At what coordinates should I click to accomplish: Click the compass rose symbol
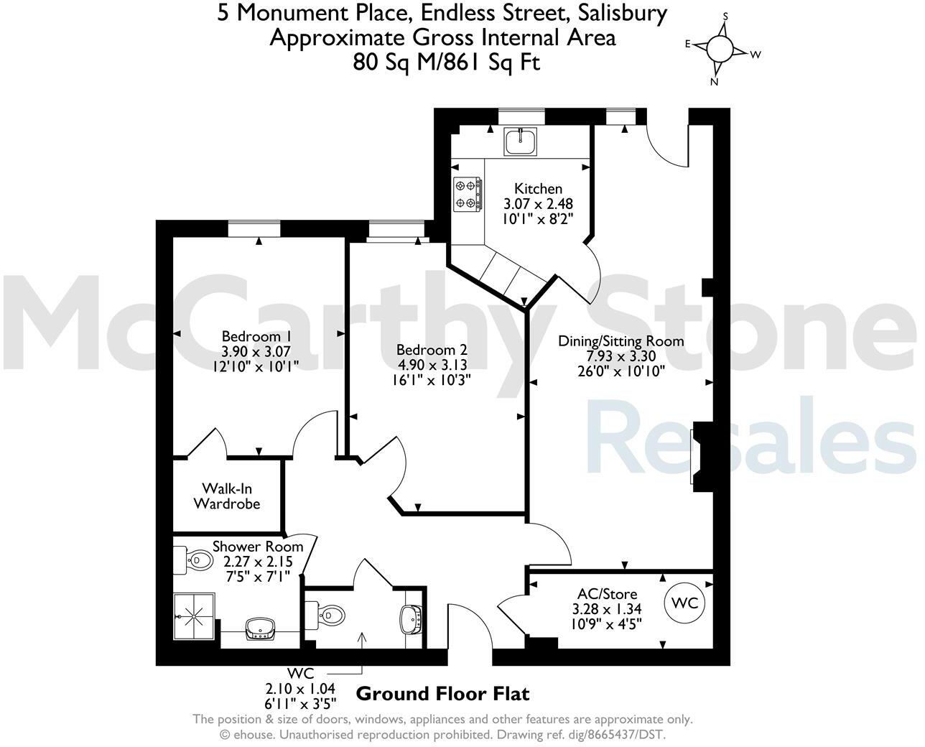pyautogui.click(x=719, y=49)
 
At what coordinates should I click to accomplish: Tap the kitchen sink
pyautogui.click(x=521, y=141)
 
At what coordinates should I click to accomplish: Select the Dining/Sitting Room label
pyautogui.click(x=621, y=340)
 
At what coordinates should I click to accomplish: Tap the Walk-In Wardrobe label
pyautogui.click(x=226, y=496)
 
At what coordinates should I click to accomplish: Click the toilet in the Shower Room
pyautogui.click(x=194, y=560)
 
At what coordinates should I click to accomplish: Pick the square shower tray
pyautogui.click(x=194, y=616)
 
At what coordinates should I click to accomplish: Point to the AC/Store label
pyautogui.click(x=607, y=594)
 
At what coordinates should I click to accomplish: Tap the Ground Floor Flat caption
pyautogui.click(x=443, y=694)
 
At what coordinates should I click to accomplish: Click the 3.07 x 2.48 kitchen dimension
pyautogui.click(x=538, y=204)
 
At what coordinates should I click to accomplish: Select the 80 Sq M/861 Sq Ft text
pyautogui.click(x=446, y=62)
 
